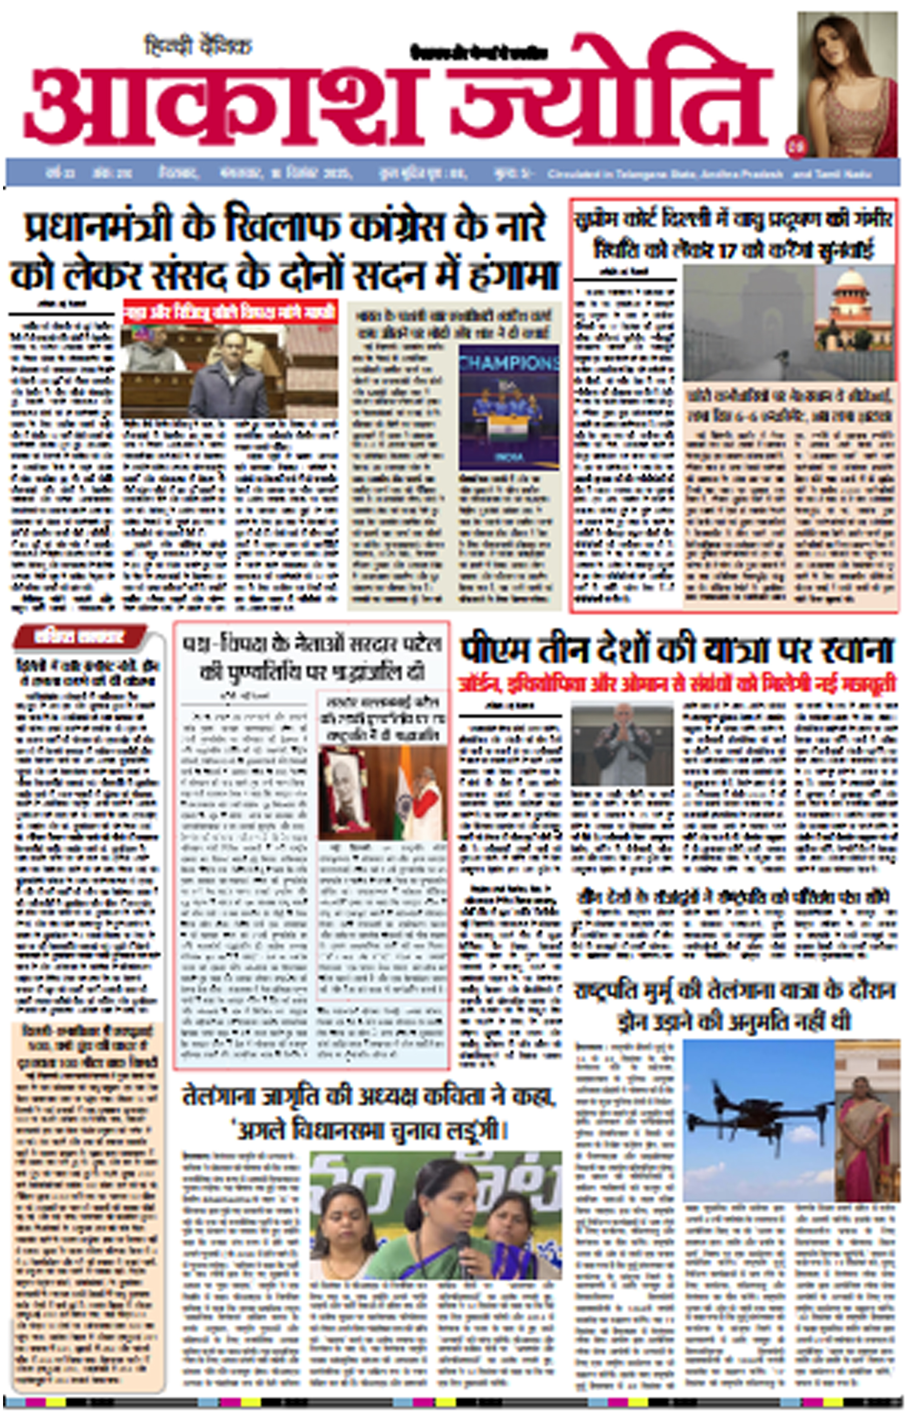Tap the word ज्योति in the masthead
[x=610, y=95]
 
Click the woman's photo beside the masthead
[x=847, y=83]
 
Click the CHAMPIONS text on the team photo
[x=509, y=363]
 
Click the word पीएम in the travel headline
[x=494, y=650]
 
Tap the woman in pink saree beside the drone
[x=868, y=1126]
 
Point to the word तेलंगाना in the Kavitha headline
[x=219, y=1096]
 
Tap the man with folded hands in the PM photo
[x=622, y=743]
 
